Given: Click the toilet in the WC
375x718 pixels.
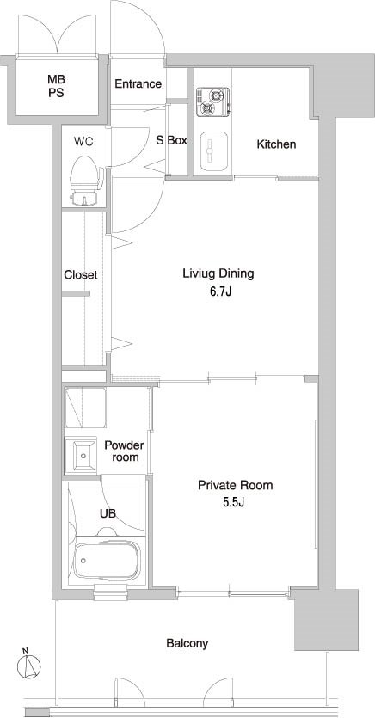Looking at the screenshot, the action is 86,180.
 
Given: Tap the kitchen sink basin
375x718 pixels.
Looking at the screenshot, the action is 214,151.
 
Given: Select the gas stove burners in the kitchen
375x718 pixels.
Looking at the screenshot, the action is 212,101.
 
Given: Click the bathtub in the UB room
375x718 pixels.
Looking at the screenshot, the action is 107,561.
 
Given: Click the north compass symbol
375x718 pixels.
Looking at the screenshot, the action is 29,664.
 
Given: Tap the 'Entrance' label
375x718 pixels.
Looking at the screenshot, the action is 138,83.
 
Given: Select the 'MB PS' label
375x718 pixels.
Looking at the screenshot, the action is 56,86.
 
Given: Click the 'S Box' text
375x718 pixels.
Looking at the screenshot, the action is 172,140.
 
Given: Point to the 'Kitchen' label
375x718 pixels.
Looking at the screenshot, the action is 276,144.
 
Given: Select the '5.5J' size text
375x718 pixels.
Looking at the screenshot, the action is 234,503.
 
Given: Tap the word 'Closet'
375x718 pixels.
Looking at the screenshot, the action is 81,275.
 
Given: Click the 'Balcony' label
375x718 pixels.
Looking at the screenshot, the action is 187,644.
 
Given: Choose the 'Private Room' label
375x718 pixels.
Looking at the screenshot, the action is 235,485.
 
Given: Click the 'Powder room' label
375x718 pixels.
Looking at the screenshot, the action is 124,451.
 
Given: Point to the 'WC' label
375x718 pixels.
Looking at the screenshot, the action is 83,142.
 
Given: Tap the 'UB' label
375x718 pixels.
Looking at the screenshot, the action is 108,513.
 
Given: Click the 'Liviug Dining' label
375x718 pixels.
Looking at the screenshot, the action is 218,274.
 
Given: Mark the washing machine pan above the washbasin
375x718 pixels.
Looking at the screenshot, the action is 85,407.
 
